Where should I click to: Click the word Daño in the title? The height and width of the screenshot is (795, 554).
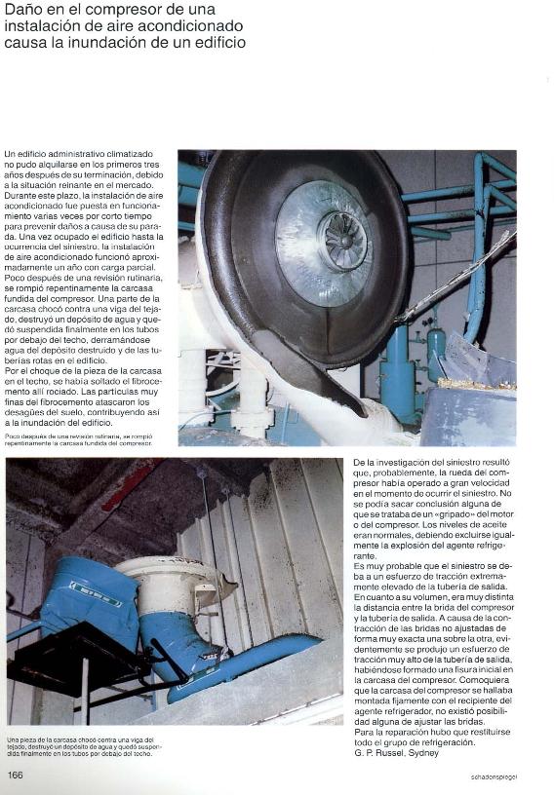(22, 9)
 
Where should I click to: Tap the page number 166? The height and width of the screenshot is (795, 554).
(15, 775)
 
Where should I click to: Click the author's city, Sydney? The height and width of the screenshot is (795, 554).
(421, 752)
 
